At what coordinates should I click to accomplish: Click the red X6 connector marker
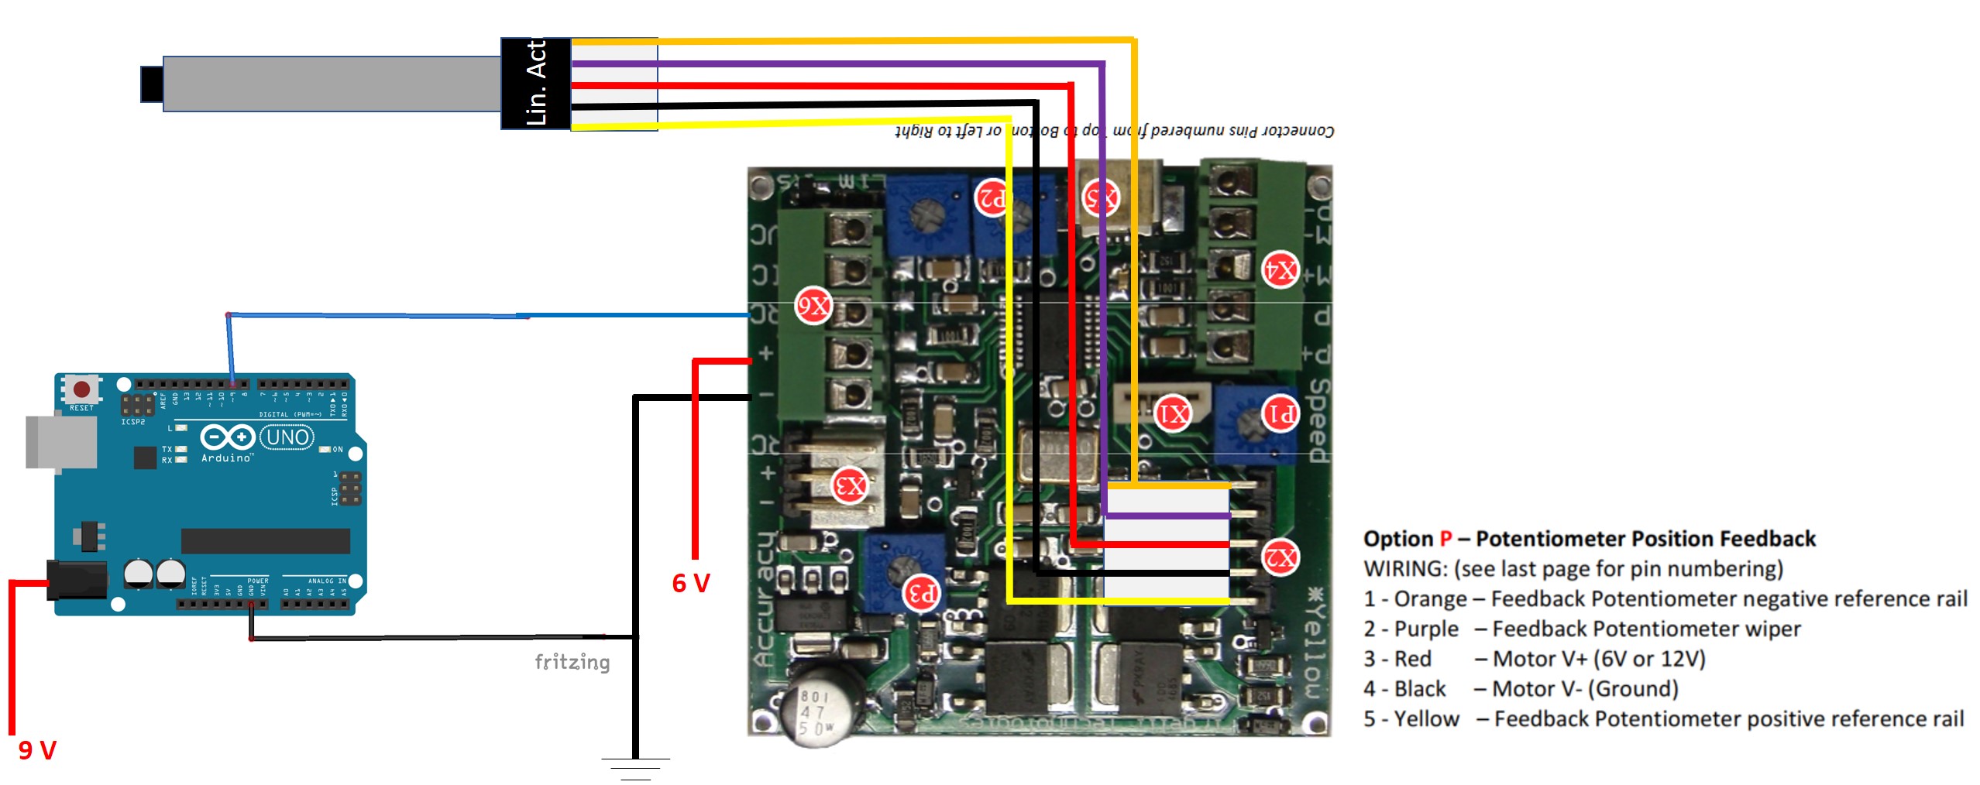tap(813, 306)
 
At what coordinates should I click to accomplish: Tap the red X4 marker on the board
tap(1280, 269)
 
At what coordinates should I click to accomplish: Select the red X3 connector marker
tap(850, 486)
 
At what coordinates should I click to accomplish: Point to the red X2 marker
tap(1280, 557)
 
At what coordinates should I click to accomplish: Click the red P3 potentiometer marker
tap(922, 594)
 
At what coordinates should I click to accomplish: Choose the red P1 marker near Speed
tap(1280, 413)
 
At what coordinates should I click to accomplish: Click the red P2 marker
tap(992, 197)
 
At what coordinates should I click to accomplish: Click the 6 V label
tap(691, 583)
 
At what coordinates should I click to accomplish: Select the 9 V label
tap(37, 749)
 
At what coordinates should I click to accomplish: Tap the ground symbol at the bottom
tap(635, 767)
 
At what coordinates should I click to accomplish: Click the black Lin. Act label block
tap(536, 84)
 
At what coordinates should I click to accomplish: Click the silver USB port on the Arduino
tap(60, 442)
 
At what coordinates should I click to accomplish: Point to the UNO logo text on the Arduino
tap(287, 437)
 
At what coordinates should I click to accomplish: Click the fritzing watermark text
tap(572, 662)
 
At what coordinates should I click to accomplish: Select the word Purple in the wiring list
tap(1426, 629)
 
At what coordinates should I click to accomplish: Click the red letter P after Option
tap(1445, 539)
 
